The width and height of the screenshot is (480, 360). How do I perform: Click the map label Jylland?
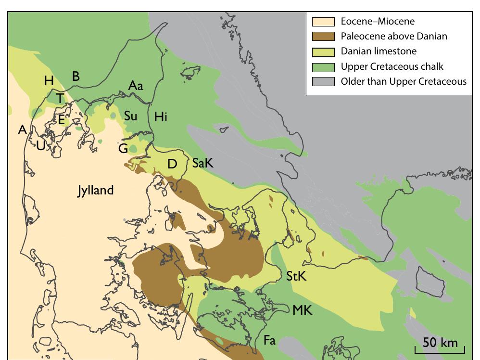coord(96,191)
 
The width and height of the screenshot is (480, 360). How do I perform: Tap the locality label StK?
coord(296,277)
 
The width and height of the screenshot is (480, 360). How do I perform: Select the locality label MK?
coord(303,310)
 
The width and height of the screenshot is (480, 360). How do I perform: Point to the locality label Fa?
coord(269,341)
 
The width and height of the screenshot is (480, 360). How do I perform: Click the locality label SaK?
coord(202,164)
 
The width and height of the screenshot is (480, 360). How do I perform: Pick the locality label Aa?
coord(136,86)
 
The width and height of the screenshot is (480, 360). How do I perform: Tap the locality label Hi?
coord(161,116)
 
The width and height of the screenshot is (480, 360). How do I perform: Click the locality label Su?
coord(130,116)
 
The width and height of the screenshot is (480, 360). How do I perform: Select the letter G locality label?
coord(123,149)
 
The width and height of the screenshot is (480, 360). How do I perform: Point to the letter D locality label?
coord(172,164)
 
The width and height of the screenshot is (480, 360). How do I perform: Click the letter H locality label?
coord(49,81)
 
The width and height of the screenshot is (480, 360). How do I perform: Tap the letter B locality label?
coord(76,76)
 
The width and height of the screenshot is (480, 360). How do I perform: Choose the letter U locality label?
coord(40,145)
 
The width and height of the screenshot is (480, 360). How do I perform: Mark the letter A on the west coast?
coord(22,129)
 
